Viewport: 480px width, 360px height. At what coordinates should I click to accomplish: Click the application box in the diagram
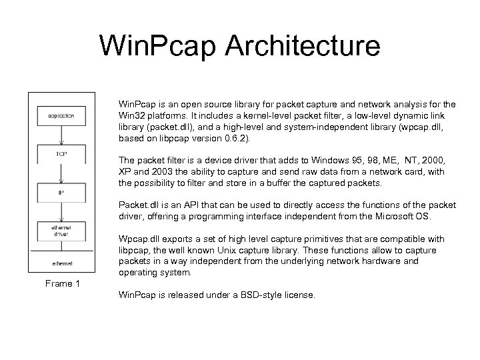61,115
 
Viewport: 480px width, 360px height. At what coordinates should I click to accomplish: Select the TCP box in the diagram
61,155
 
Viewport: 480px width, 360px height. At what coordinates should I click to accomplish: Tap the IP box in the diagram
61,193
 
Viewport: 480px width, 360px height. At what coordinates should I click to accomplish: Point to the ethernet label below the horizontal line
61,263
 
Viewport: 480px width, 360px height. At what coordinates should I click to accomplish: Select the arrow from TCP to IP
61,174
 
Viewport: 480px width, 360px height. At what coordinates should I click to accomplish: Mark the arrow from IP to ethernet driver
61,213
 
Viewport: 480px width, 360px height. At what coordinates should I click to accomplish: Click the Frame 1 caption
63,284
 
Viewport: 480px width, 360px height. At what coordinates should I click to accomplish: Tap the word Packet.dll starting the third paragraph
137,205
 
